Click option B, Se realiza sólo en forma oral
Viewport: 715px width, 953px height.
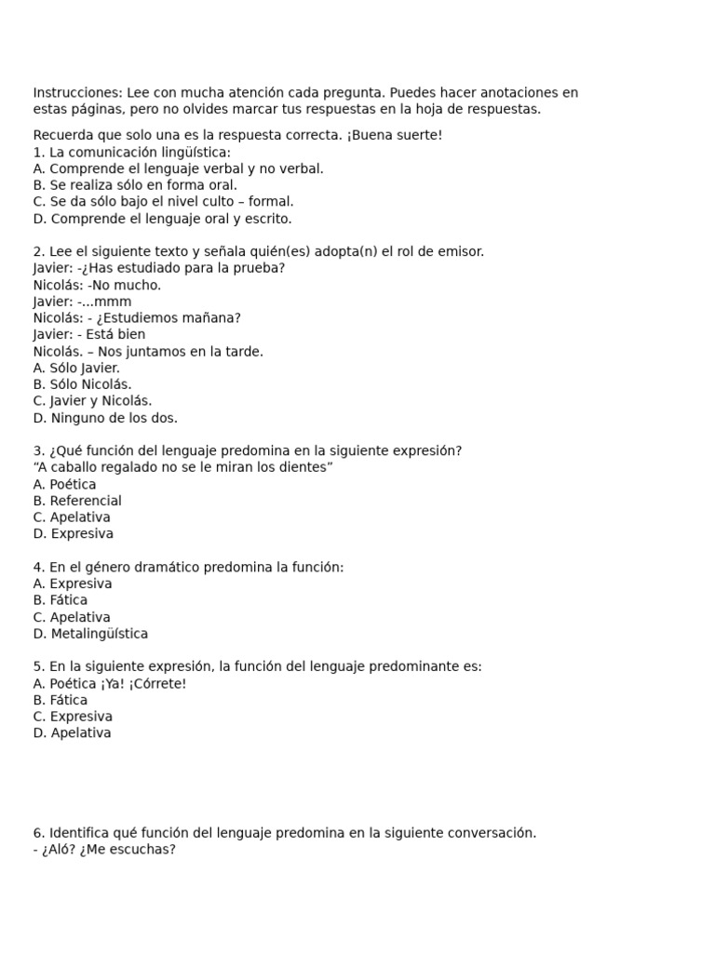pos(135,185)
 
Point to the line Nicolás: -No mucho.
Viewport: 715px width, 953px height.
pos(97,285)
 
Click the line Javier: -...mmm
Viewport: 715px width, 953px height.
pos(82,302)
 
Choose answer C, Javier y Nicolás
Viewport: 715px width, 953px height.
pos(92,401)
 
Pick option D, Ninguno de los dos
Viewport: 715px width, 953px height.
pos(104,418)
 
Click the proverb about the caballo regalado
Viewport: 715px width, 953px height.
pos(182,467)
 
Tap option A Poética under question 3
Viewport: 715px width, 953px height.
pos(64,484)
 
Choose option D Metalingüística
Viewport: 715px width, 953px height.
pos(89,634)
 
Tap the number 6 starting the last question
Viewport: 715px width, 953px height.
pos(37,833)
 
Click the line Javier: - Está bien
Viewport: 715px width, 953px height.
pos(88,335)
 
